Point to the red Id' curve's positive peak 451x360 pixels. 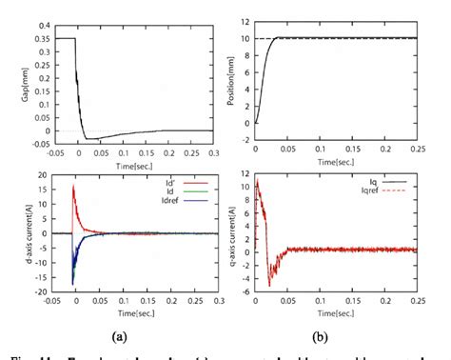tap(74, 187)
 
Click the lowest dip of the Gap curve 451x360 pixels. tap(91, 139)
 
